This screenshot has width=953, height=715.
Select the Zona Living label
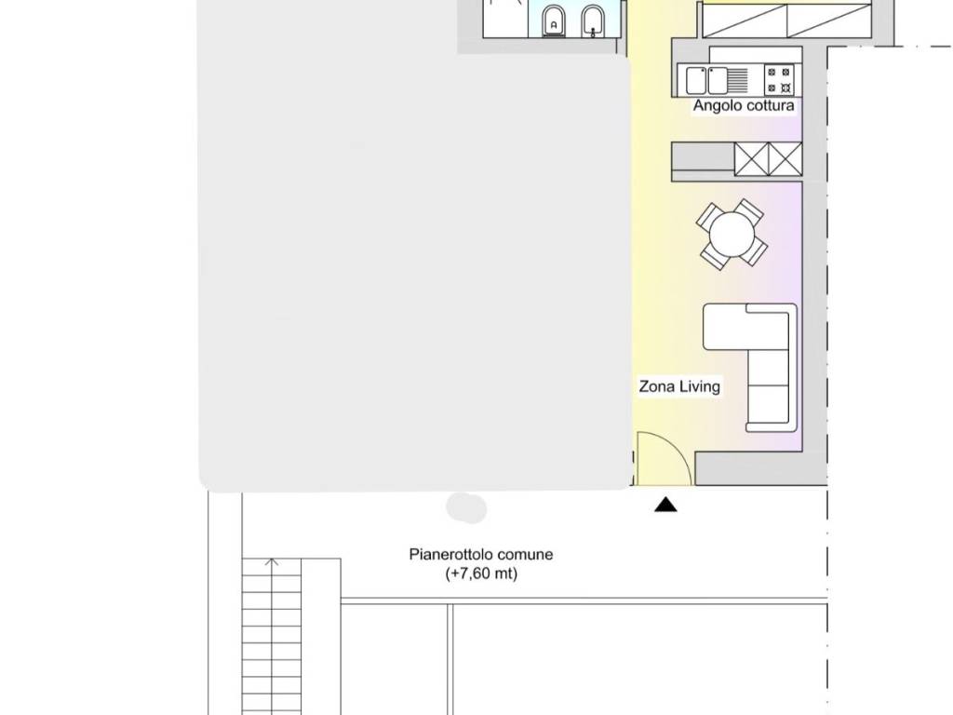pyautogui.click(x=679, y=386)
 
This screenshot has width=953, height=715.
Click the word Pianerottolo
pyautogui.click(x=450, y=555)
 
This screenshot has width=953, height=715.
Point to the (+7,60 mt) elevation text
pyautogui.click(x=481, y=573)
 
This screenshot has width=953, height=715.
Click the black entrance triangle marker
pyautogui.click(x=665, y=504)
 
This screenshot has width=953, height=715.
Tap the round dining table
pyautogui.click(x=732, y=235)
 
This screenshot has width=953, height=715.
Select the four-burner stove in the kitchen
pyautogui.click(x=779, y=80)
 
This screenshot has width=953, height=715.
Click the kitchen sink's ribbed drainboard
pyautogui.click(x=737, y=80)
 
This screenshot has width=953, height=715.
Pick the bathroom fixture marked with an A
pyautogui.click(x=553, y=22)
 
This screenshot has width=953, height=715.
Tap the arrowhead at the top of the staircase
pyautogui.click(x=272, y=561)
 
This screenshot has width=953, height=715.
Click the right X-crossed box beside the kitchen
pyautogui.click(x=785, y=158)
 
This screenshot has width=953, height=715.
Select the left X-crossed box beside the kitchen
pyautogui.click(x=752, y=158)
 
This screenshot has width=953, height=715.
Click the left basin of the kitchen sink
pyautogui.click(x=696, y=80)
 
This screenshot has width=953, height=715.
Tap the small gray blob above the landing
pyautogui.click(x=466, y=507)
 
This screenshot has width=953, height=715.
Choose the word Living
pyautogui.click(x=700, y=386)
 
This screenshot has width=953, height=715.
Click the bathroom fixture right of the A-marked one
pyautogui.click(x=592, y=22)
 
